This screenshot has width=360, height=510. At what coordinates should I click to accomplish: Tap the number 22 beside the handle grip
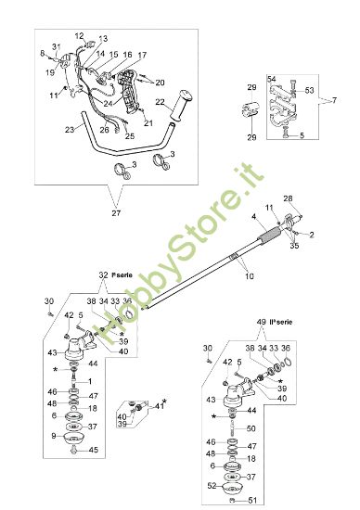160,102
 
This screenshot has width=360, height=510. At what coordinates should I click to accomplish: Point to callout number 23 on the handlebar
70,130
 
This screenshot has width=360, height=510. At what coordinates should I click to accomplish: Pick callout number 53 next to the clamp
310,91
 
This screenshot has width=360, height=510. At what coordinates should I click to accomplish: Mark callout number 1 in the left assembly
90,380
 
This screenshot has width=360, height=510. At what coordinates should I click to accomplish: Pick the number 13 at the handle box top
103,39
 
